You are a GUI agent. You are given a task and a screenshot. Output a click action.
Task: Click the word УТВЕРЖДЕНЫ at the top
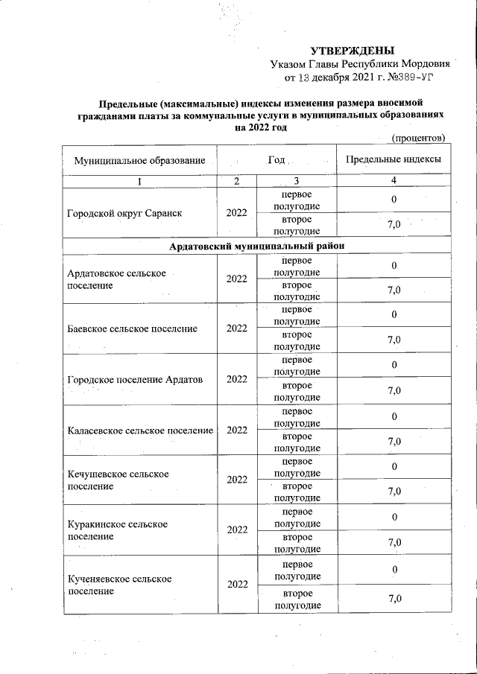(x=351, y=51)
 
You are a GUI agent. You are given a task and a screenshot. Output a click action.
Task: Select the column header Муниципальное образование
(x=139, y=161)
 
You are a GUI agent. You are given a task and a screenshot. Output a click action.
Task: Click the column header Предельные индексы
(x=394, y=159)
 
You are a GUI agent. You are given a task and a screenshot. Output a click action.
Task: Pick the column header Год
(x=277, y=159)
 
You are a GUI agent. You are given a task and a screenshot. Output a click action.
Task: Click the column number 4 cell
(x=394, y=181)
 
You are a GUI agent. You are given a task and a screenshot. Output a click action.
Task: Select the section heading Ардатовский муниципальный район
(x=256, y=246)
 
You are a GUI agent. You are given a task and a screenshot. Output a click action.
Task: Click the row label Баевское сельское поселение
(x=132, y=328)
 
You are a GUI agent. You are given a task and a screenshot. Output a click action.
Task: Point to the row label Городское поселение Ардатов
(x=135, y=379)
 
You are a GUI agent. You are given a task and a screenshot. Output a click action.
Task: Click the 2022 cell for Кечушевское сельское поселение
(x=236, y=480)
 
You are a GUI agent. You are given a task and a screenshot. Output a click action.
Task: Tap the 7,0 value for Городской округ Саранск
(x=394, y=225)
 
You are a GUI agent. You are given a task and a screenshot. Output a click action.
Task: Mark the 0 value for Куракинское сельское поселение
(x=394, y=517)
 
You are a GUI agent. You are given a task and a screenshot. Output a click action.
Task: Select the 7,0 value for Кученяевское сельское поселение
(x=394, y=599)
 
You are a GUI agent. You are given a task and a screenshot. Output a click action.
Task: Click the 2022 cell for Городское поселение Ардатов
(x=236, y=379)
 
